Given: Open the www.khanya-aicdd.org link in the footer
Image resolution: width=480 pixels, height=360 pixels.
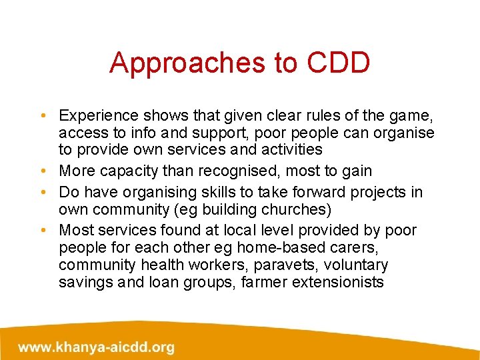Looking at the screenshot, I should (97, 347).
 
